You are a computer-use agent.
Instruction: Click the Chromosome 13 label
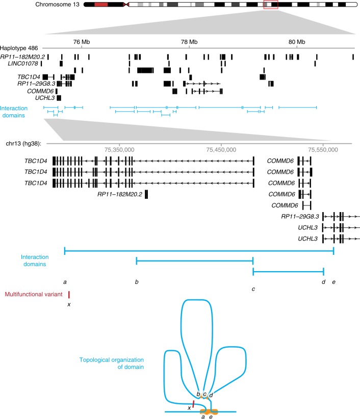56,5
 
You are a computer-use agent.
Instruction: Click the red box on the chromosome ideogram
271,5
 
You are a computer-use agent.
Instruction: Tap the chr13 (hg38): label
25,144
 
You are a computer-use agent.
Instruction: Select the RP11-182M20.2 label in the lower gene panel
120,194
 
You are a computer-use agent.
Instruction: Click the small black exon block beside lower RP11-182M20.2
146,194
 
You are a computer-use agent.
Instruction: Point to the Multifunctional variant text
33,294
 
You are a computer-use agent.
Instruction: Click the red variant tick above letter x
69,295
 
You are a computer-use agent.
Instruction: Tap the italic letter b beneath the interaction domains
136,281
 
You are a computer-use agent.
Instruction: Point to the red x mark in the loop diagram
193,405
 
